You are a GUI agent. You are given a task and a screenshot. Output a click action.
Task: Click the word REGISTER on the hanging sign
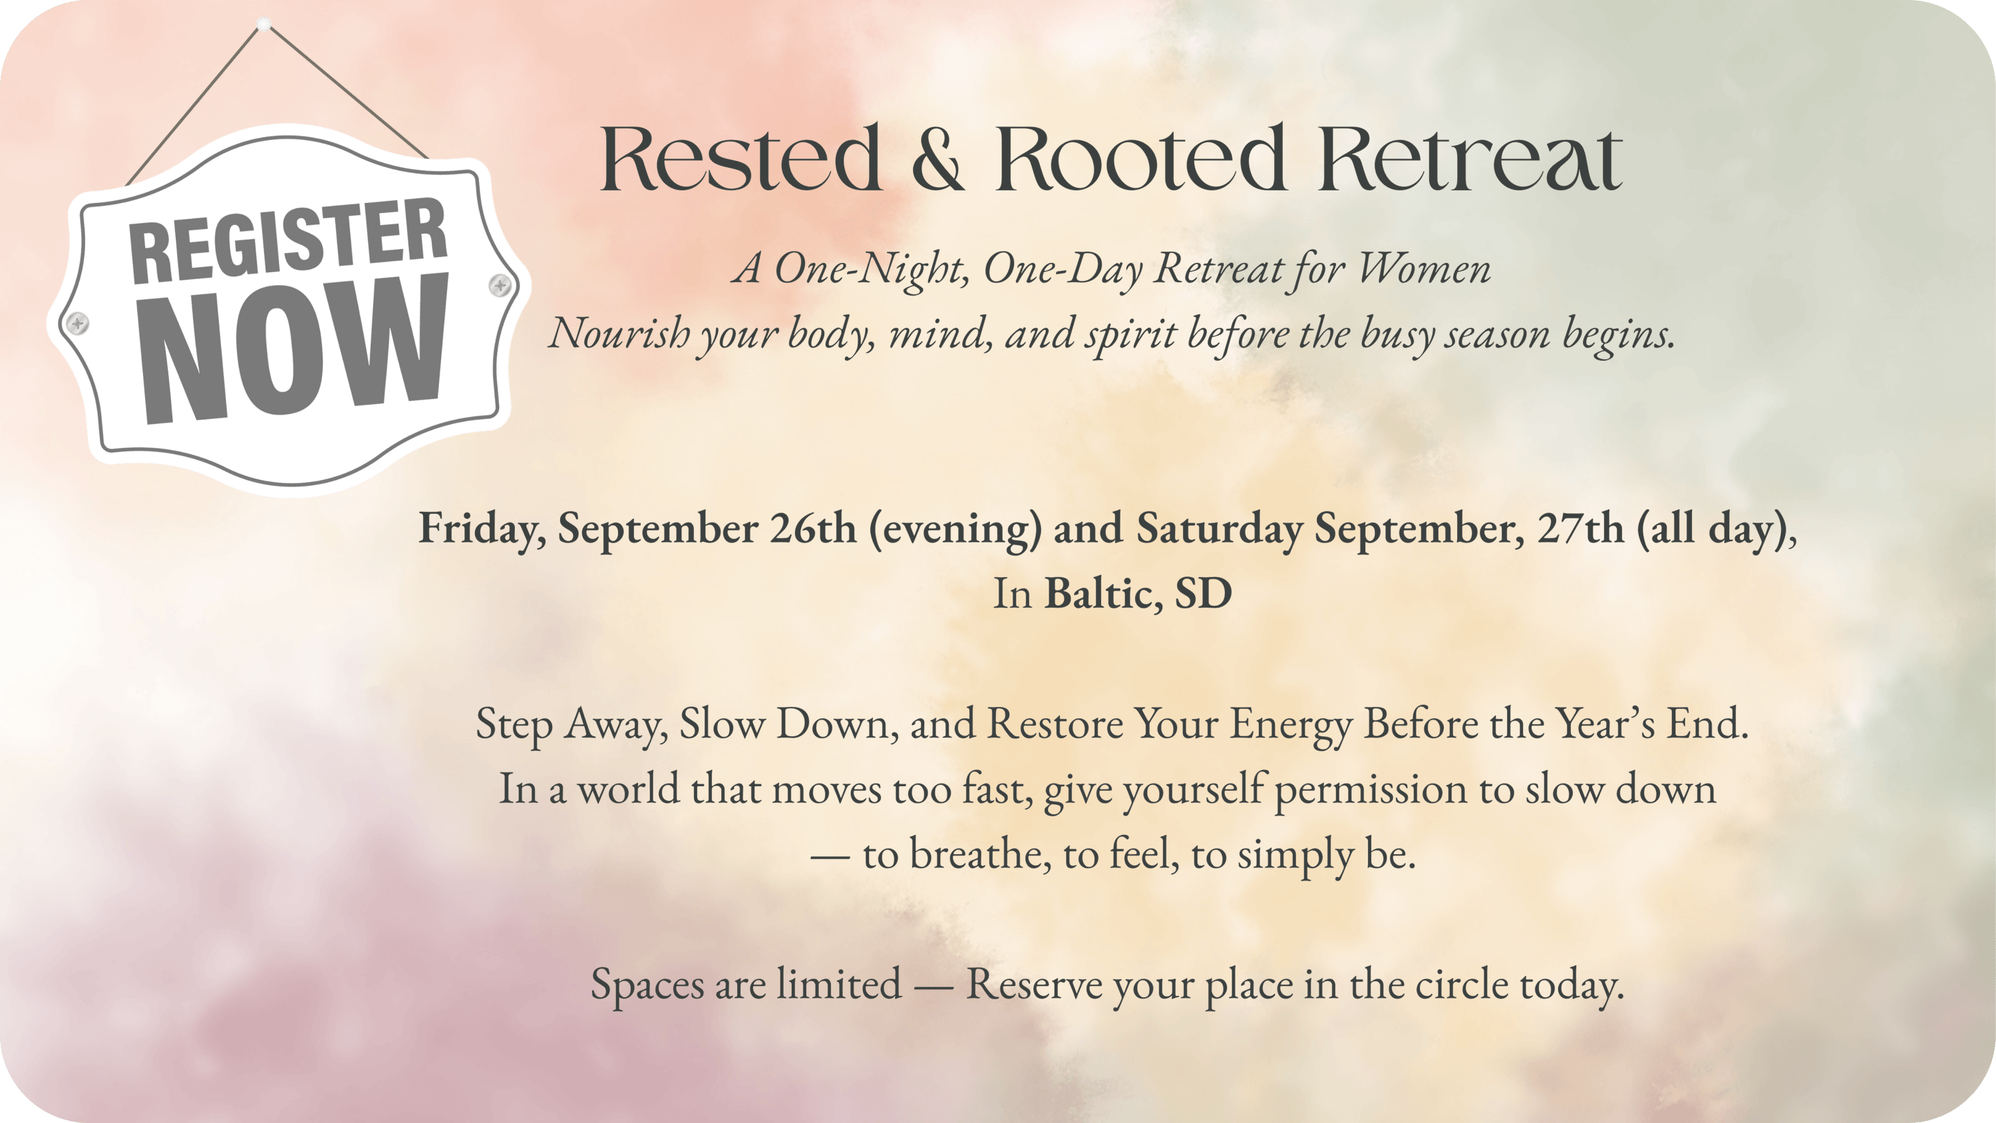point(288,240)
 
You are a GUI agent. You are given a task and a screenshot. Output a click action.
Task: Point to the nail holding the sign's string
point(263,24)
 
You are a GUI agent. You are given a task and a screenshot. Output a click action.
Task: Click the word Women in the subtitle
point(1424,269)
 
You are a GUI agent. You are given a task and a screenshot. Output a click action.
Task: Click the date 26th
point(813,529)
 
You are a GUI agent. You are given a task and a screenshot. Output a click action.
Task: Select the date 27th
point(1581,529)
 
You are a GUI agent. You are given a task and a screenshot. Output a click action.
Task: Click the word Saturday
point(1220,529)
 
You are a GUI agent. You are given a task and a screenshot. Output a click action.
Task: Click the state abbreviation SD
point(1204,594)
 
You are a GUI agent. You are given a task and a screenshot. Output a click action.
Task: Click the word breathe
point(981,854)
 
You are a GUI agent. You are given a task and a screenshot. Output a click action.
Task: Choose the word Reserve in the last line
point(1034,985)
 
